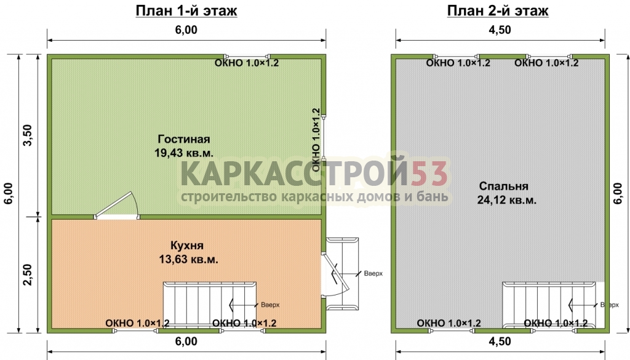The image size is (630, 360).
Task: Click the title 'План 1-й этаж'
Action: point(186,11)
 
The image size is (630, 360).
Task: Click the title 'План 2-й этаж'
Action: point(498,11)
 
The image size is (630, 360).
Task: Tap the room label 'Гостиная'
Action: point(184,139)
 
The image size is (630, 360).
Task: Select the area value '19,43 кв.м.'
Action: point(184,153)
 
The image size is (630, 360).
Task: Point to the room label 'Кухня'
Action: point(187,246)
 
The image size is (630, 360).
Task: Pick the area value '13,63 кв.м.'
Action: point(188,260)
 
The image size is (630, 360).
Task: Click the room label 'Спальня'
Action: point(503,186)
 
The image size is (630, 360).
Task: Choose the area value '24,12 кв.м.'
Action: point(507,200)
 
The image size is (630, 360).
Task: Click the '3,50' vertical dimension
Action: point(28,135)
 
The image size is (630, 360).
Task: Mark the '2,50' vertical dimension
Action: point(28,275)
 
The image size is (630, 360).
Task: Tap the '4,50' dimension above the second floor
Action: point(500,30)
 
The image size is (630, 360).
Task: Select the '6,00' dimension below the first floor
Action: point(186,342)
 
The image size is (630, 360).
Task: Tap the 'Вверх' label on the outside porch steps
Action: point(373,274)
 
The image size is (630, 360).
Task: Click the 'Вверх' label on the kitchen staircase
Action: point(270,305)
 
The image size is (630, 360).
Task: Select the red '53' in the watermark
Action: point(429,174)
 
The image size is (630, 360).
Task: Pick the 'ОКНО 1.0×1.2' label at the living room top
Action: point(246,63)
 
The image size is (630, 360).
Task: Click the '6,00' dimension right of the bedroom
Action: point(618,194)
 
